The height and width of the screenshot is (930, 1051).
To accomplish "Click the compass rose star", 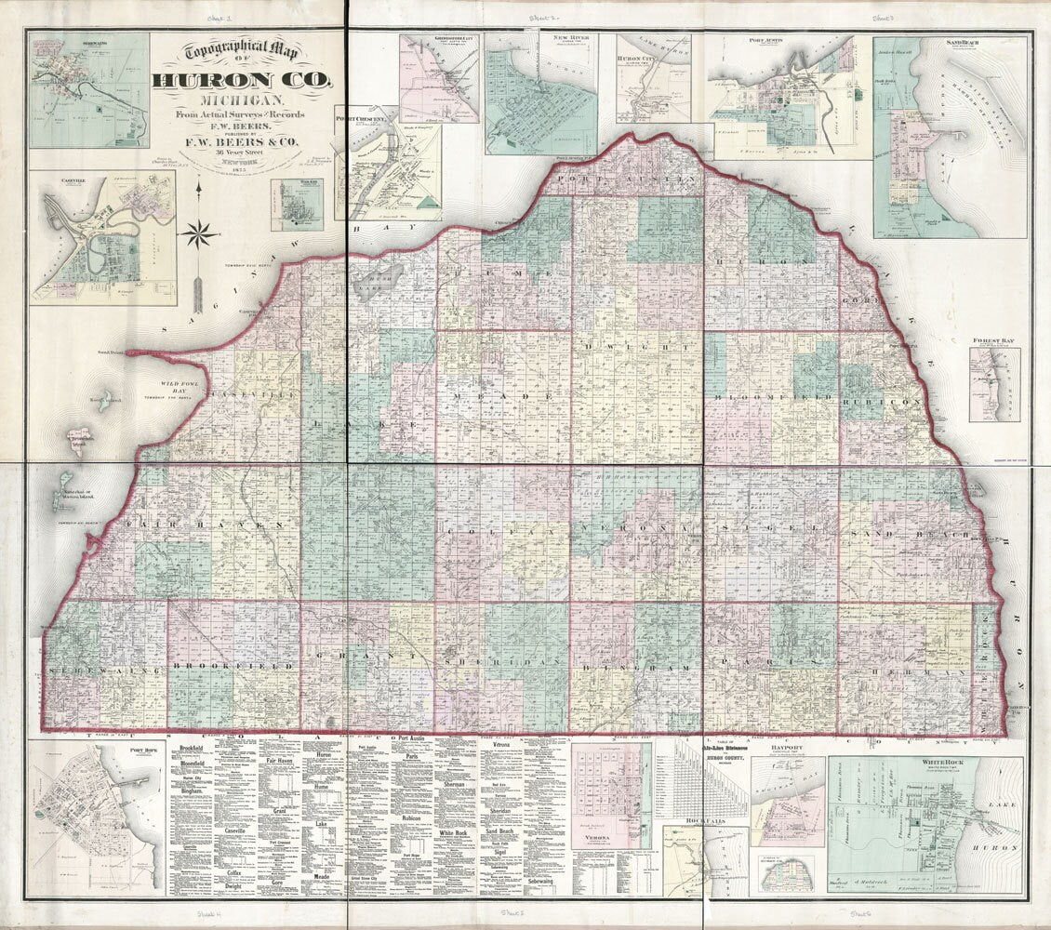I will (x=197, y=232).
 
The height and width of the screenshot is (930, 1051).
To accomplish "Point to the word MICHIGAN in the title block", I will (x=241, y=100).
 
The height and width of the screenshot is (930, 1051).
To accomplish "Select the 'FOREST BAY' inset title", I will (x=993, y=341).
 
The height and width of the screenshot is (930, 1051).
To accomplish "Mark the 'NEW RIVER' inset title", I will (x=571, y=40).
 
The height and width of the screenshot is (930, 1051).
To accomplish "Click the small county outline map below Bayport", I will (x=787, y=872).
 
